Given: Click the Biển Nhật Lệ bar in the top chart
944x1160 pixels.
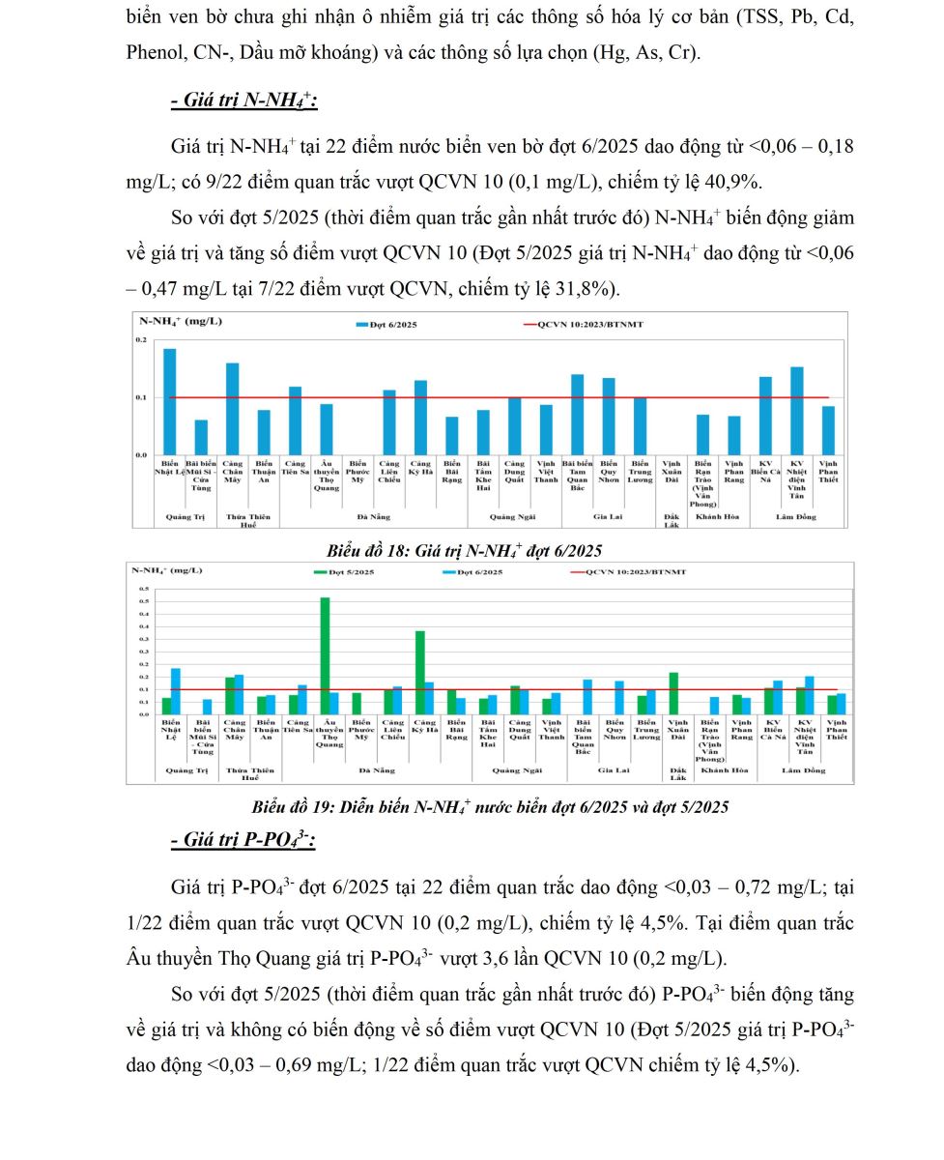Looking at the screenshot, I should (169, 401).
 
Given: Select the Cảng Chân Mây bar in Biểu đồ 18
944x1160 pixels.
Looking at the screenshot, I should (232, 409).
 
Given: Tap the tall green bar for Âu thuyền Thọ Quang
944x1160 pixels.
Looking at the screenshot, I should (325, 655).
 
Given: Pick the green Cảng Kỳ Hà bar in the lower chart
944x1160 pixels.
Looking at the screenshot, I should (419, 672).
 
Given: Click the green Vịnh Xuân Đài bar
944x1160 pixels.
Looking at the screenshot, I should (673, 693).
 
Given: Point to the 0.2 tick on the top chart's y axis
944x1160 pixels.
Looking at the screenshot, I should (141, 340).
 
